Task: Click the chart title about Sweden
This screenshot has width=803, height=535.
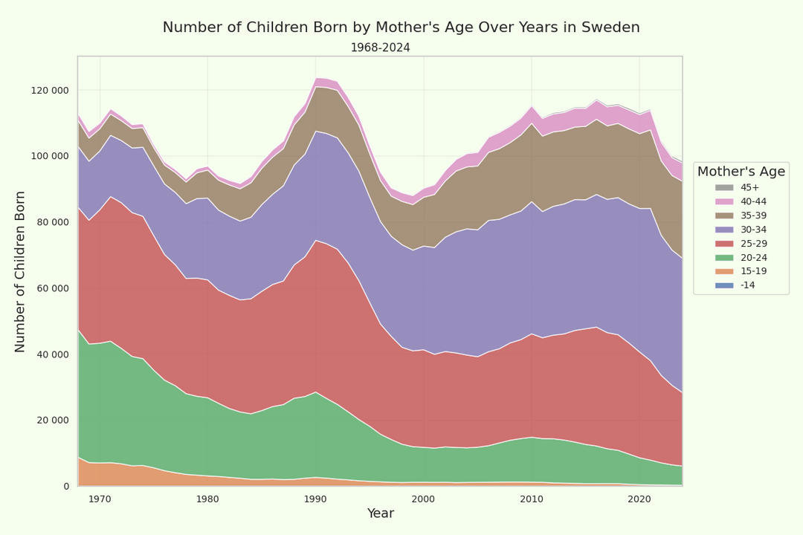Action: click(401, 27)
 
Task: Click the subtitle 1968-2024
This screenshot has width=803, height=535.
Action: click(380, 48)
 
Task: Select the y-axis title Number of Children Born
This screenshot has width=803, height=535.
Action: click(20, 271)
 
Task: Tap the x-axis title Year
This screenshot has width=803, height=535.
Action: click(380, 513)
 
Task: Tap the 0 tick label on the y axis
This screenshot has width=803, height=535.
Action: click(66, 487)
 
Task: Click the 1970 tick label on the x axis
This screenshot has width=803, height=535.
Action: click(100, 499)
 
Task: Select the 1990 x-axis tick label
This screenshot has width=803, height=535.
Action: click(315, 499)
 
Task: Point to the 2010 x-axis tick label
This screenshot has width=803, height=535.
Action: click(531, 499)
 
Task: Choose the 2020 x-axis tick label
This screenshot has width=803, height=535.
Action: click(639, 499)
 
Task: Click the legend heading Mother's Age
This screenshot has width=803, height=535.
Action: click(741, 172)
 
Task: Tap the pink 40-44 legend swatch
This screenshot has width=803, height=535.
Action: click(724, 201)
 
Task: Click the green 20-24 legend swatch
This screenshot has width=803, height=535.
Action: click(724, 257)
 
